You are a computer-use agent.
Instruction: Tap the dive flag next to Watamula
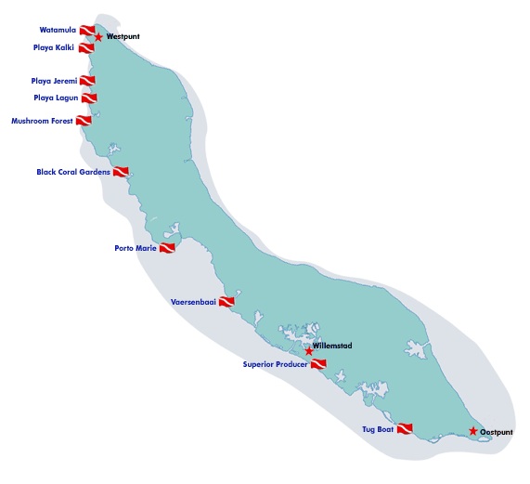[x=87, y=32]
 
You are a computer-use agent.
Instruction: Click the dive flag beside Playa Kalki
[x=86, y=47]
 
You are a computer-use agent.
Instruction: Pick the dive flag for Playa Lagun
[x=89, y=98]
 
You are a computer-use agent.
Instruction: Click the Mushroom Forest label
[x=42, y=121]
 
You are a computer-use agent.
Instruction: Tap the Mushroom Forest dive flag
[x=84, y=121]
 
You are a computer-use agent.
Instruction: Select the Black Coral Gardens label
[x=73, y=172]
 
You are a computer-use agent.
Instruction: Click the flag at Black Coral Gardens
[x=121, y=172]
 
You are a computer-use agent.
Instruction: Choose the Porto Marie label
[x=135, y=248]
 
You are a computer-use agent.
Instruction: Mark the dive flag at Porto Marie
[x=167, y=248]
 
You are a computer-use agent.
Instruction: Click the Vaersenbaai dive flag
[x=226, y=302]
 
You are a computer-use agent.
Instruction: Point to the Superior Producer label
[x=275, y=364]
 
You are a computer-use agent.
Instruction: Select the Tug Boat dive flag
[x=404, y=429]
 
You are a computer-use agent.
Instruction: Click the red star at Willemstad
[x=309, y=351]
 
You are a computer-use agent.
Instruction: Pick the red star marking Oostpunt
[x=473, y=431]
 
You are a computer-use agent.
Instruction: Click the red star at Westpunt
[x=99, y=37]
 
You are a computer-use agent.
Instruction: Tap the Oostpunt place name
[x=498, y=432]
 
